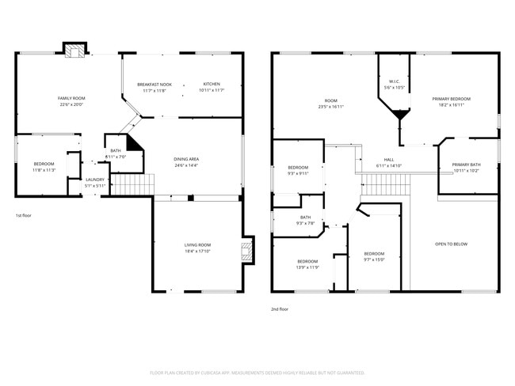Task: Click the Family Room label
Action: point(71,98)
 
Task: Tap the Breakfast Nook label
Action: point(154,84)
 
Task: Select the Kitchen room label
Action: point(212,84)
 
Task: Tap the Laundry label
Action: point(95,180)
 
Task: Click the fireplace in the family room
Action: point(75,51)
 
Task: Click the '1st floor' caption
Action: point(24,215)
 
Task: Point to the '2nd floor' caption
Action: point(279,310)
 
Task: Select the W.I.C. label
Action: point(394,81)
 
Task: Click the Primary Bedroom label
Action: point(451,99)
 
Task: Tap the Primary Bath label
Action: point(467,165)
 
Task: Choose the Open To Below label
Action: point(451,244)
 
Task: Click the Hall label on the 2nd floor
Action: point(389,159)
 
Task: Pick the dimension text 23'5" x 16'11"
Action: point(330,106)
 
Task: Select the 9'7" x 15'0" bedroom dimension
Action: point(373,259)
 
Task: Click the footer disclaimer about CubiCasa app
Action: point(257,372)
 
